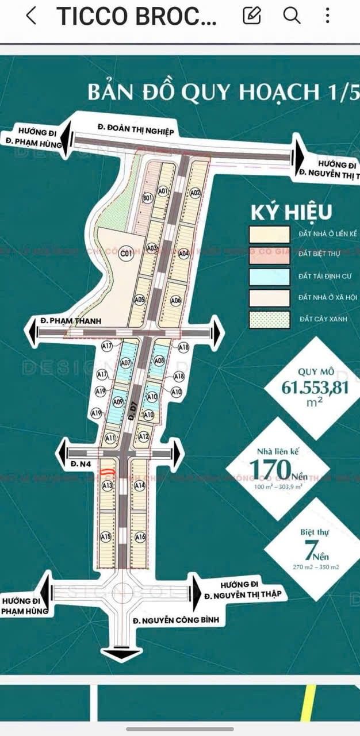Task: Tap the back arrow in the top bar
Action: pyautogui.click(x=32, y=16)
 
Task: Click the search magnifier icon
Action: pyautogui.click(x=292, y=16)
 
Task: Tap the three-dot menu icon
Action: pyautogui.click(x=327, y=16)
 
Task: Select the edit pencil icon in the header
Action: pyautogui.click(x=252, y=16)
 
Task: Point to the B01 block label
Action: pyautogui.click(x=147, y=198)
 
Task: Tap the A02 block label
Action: pyautogui.click(x=195, y=192)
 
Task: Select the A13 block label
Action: pyautogui.click(x=107, y=486)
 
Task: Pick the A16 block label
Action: pyautogui.click(x=140, y=537)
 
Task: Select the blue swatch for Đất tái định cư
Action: pyautogui.click(x=269, y=277)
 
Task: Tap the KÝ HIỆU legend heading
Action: pyautogui.click(x=291, y=212)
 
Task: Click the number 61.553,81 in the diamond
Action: pyautogui.click(x=315, y=388)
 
